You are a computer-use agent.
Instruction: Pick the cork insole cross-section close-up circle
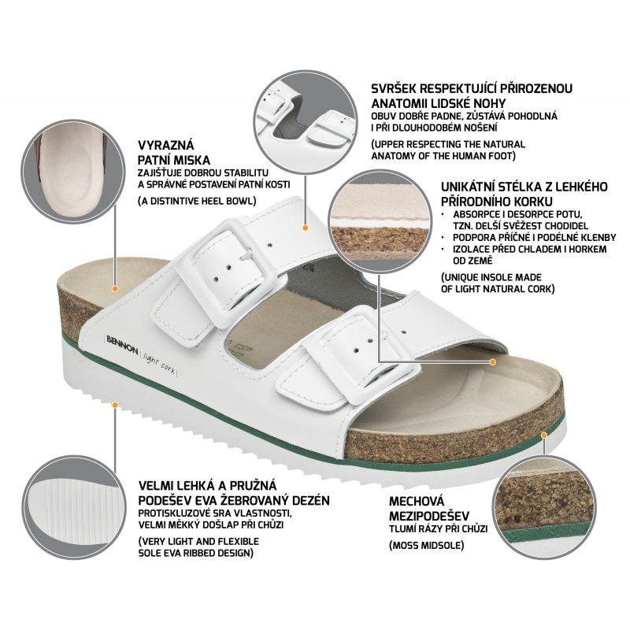[380, 222]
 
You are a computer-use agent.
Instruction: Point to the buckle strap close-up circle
[305, 122]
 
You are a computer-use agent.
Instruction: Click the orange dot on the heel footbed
[115, 288]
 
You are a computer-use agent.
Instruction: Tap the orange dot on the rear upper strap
[306, 228]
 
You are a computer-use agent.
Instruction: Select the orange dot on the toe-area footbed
[493, 362]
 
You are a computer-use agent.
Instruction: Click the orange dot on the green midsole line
[544, 435]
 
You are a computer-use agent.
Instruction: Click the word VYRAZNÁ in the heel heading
[166, 145]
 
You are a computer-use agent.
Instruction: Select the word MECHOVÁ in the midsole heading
[417, 501]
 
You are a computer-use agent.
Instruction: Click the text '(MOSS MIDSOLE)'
[426, 545]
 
